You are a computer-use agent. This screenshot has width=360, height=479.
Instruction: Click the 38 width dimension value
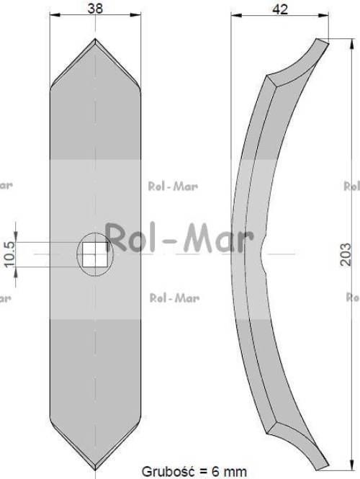tap(95, 8)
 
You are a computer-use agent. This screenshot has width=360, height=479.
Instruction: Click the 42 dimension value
tap(280, 9)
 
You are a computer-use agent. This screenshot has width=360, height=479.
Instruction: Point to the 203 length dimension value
tap(346, 254)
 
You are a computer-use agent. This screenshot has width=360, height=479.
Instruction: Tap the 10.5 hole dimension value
tap(9, 254)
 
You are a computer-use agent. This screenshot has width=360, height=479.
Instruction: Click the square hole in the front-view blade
tap(95, 254)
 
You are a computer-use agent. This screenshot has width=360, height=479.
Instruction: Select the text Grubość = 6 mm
tap(194, 471)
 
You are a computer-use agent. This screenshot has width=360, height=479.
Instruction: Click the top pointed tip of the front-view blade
tap(95, 38)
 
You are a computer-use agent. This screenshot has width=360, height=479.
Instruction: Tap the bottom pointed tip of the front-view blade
tap(95, 470)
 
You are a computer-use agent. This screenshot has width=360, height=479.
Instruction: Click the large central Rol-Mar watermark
tap(180, 238)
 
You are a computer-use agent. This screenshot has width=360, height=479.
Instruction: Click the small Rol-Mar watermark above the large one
tap(173, 186)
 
